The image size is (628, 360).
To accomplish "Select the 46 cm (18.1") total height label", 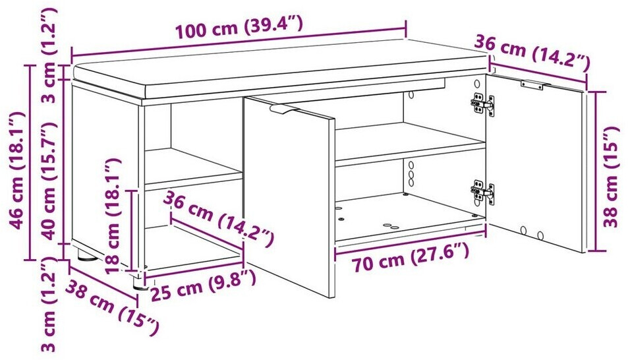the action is (18, 170).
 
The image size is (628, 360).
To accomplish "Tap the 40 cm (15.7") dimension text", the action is (49, 181).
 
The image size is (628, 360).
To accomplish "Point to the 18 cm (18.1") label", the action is (113, 216).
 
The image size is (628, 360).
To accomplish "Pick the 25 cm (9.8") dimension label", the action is (203, 285).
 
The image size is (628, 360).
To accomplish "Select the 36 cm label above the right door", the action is (532, 51).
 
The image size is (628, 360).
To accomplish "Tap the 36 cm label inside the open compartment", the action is (219, 218).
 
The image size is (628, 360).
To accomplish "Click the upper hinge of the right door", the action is (482, 104).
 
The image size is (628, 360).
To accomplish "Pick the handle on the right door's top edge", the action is (532, 84).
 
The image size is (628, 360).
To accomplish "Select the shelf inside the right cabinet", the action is (410, 144).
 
